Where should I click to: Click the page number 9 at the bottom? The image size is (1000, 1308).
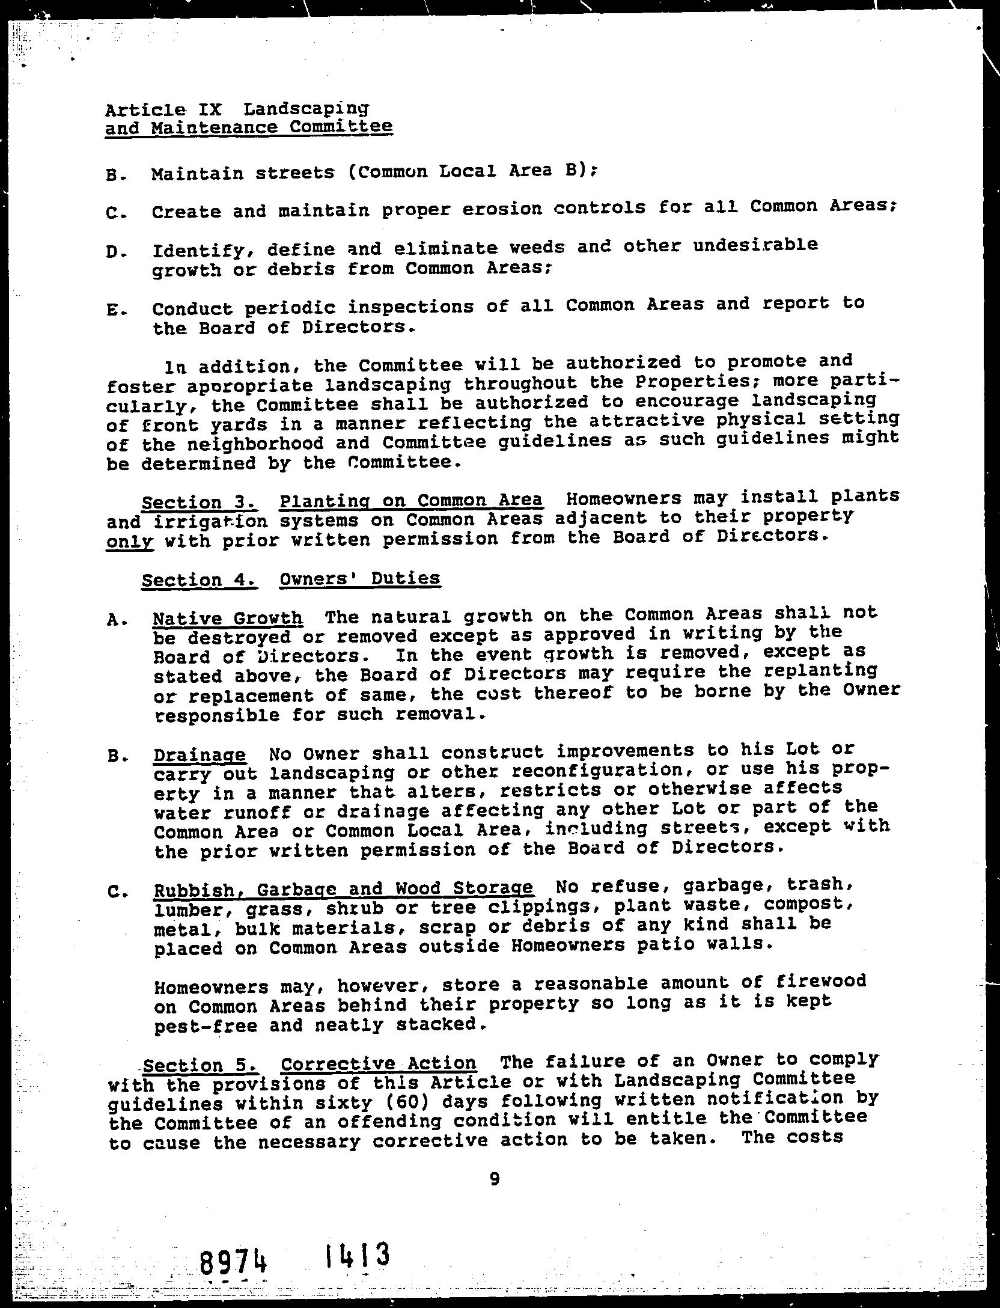494,1179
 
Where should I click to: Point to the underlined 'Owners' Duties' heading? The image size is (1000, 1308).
360,578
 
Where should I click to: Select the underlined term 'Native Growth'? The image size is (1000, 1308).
228,618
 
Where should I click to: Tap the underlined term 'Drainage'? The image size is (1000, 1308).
200,755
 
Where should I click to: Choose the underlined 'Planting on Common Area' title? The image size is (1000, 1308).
411,500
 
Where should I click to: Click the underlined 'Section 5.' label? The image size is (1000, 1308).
201,1066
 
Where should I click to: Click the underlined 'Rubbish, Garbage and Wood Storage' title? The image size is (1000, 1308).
343,888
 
